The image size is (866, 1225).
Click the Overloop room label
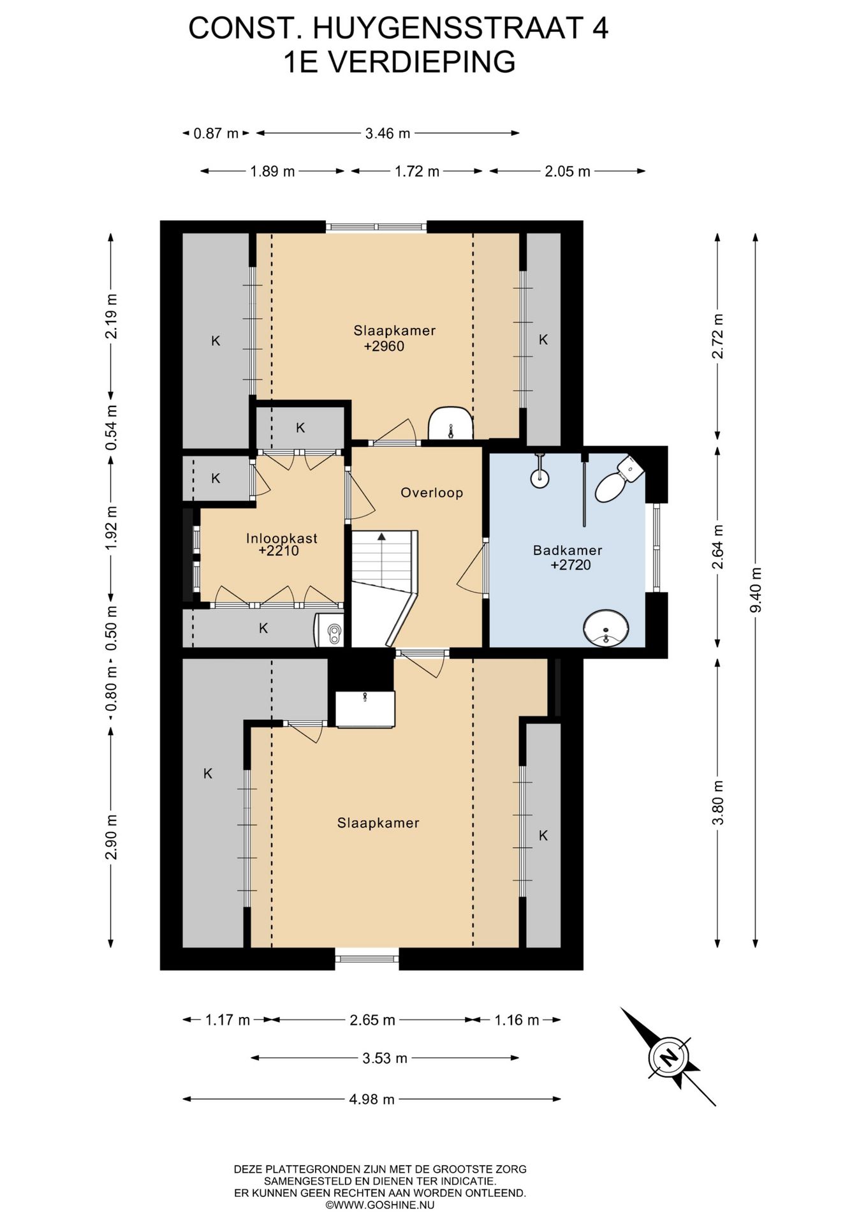click(432, 493)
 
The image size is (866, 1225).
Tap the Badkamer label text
click(568, 550)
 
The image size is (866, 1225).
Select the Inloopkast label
click(282, 538)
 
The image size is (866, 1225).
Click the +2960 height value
click(384, 346)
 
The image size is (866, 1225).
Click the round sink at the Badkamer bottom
click(606, 628)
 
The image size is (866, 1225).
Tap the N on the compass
click(669, 1058)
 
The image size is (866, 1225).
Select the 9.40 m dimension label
click(756, 590)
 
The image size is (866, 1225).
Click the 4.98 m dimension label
click(372, 1099)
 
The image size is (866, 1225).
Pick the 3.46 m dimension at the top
click(388, 133)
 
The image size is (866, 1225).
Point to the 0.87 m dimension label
click(216, 133)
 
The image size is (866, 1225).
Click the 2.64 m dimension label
click(718, 547)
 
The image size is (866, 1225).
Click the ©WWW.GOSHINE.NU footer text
click(380, 1205)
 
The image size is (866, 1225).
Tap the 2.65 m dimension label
click(372, 1020)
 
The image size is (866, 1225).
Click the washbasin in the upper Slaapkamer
click(450, 423)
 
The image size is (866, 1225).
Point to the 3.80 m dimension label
click(718, 802)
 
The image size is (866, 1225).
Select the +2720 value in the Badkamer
click(571, 565)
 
